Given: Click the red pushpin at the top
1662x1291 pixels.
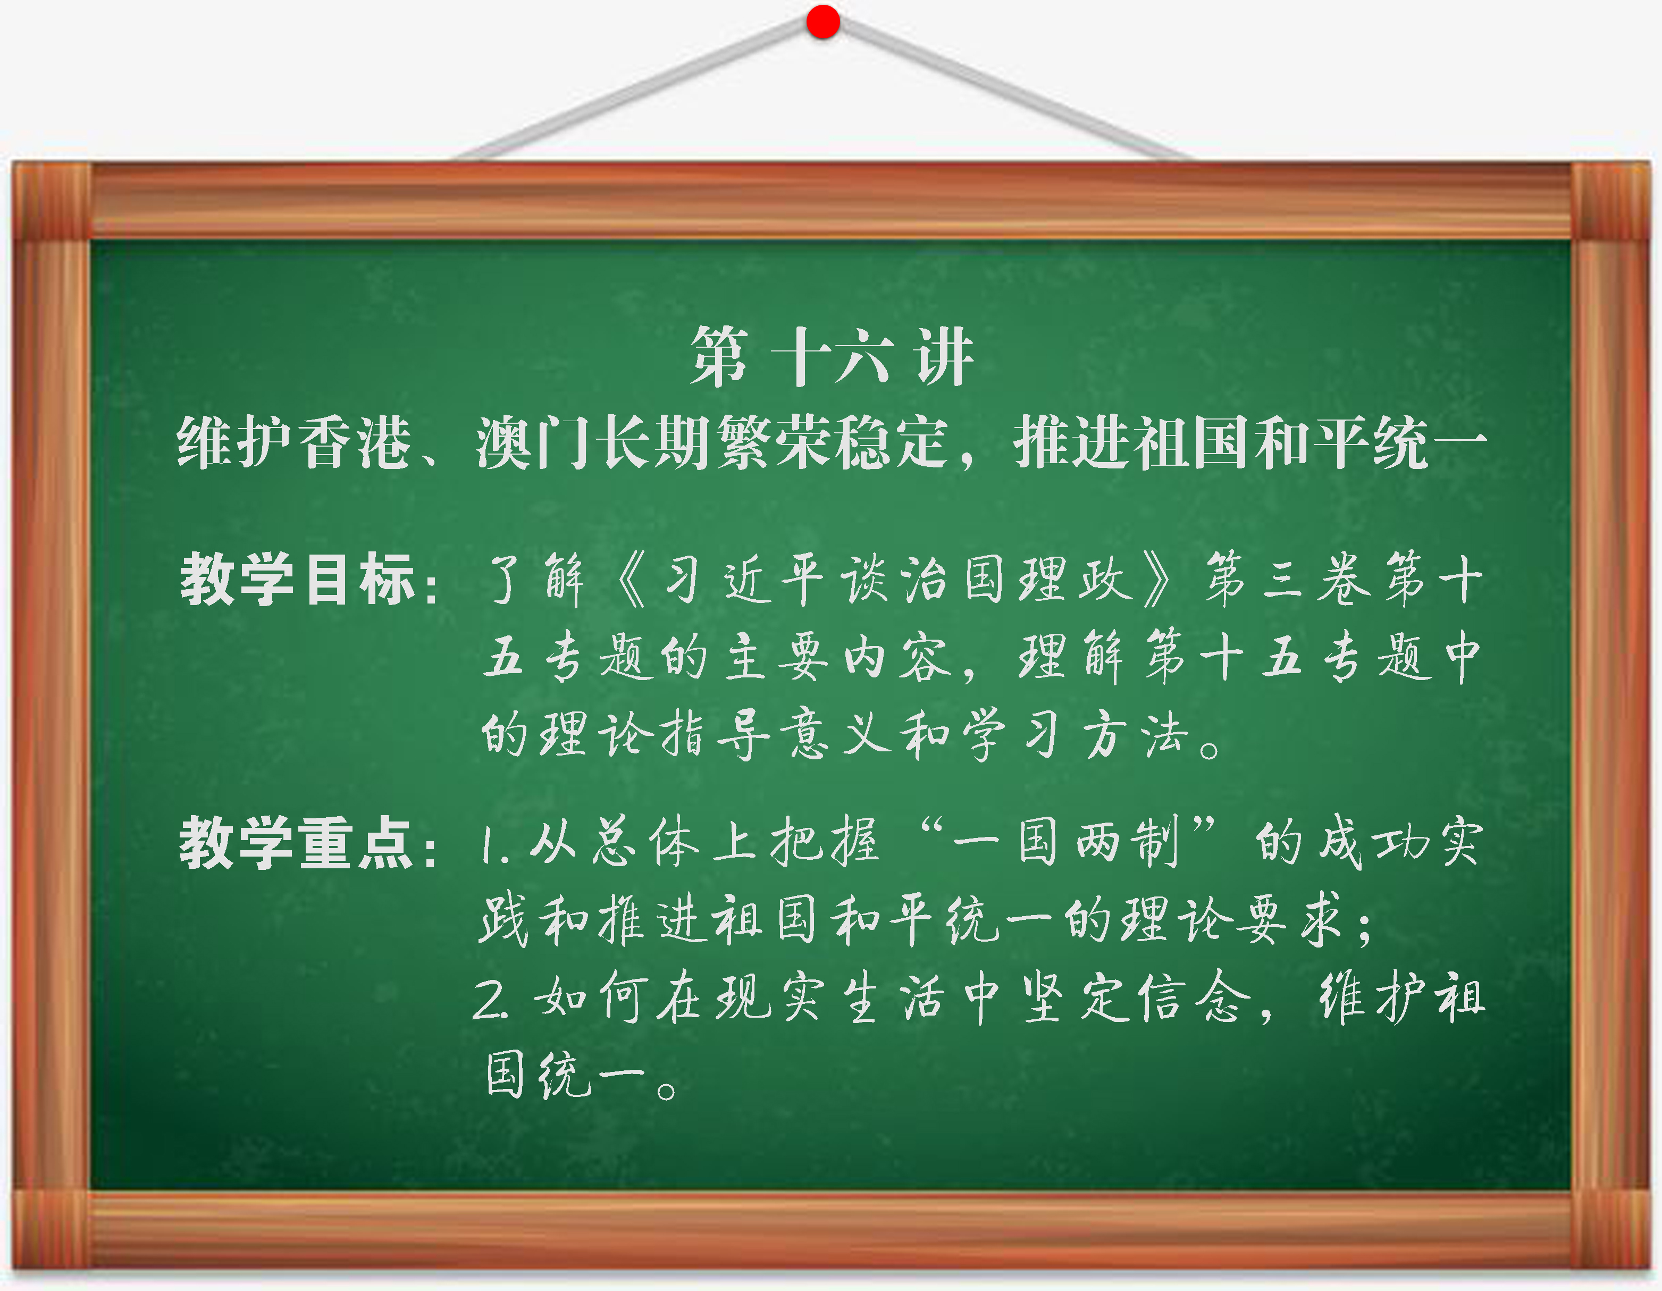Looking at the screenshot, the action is click(822, 21).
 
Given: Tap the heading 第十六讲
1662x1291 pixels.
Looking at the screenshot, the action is click(831, 356).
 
